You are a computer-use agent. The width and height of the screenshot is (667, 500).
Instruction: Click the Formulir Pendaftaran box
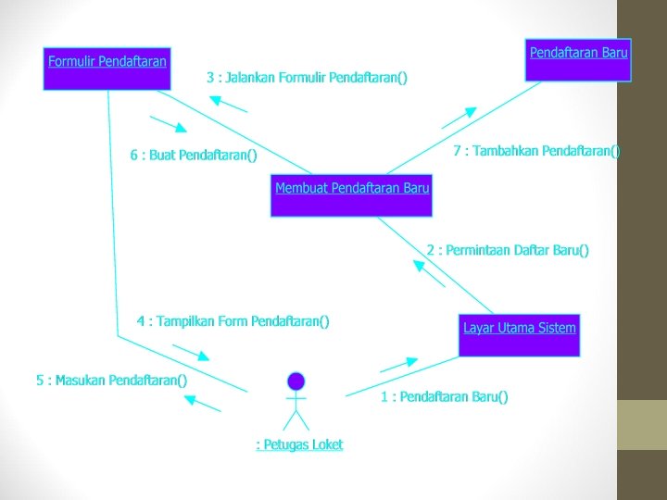(107, 68)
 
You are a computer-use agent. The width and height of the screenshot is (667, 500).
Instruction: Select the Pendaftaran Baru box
(578, 60)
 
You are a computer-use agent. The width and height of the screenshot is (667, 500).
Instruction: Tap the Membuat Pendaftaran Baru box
(352, 194)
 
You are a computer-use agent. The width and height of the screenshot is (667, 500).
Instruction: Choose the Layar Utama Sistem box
(520, 335)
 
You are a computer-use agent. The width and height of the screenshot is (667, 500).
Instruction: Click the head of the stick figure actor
(296, 380)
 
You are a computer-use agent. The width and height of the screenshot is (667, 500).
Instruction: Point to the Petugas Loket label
(299, 444)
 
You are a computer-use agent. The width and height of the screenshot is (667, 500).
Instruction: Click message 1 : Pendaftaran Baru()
(445, 397)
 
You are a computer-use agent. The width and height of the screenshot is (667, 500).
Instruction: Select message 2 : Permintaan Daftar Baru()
(508, 250)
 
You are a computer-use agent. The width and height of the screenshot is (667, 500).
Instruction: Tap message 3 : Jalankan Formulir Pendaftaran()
(307, 77)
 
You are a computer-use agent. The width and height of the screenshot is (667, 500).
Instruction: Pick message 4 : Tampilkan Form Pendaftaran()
(233, 321)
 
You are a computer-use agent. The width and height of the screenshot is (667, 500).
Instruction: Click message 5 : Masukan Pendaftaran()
(111, 380)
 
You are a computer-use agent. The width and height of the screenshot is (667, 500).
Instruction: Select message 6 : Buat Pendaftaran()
(194, 155)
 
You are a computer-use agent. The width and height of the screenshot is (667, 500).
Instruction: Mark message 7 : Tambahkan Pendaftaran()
(537, 151)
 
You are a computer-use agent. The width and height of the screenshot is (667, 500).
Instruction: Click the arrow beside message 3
(229, 104)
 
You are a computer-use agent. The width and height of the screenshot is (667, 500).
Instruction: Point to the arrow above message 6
(169, 124)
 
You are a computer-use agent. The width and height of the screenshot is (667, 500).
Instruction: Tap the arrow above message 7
(459, 118)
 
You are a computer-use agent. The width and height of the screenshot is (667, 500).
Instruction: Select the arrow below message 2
(429, 274)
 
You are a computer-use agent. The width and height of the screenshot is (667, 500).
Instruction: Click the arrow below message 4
(192, 353)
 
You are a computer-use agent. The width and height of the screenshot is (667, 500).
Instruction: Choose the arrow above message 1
(399, 364)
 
